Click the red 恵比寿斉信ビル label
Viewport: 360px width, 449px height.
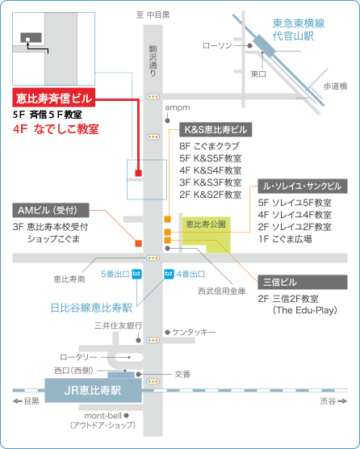pyautogui.click(x=54, y=98)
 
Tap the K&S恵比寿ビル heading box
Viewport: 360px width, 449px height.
pyautogui.click(x=216, y=129)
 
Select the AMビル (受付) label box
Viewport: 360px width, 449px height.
pyautogui.click(x=51, y=210)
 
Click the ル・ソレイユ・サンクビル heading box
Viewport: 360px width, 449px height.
pyautogui.click(x=303, y=186)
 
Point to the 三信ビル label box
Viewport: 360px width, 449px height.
pyautogui.click(x=303, y=282)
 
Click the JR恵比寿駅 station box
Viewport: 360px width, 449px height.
pyautogui.click(x=93, y=390)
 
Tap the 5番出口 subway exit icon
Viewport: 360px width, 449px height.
pyautogui.click(x=136, y=274)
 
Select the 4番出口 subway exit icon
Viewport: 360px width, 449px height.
pyautogui.click(x=169, y=274)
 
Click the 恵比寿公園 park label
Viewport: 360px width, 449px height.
pyautogui.click(x=206, y=224)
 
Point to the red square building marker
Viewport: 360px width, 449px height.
pyautogui.click(x=139, y=173)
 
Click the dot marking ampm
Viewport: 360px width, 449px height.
pyautogui.click(x=168, y=121)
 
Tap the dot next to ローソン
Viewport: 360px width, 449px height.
pyautogui.click(x=250, y=45)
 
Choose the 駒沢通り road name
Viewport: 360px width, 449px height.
pyautogui.click(x=153, y=61)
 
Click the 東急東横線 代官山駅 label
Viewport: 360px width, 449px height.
pyautogui.click(x=299, y=30)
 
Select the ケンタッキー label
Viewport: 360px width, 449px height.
pyautogui.click(x=194, y=332)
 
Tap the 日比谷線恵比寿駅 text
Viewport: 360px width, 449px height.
pyautogui.click(x=91, y=308)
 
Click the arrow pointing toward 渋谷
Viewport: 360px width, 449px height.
pyautogui.click(x=342, y=401)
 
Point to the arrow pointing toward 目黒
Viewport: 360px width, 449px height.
pyautogui.click(x=18, y=401)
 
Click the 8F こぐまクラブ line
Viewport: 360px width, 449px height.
pyautogui.click(x=209, y=146)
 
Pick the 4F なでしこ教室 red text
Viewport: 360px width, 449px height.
pyautogui.click(x=56, y=129)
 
